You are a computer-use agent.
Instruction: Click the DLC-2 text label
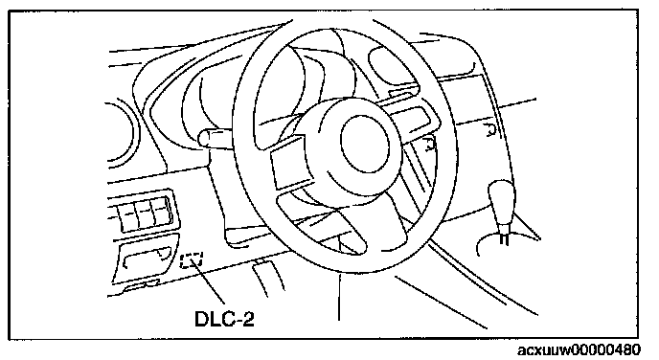[224, 319]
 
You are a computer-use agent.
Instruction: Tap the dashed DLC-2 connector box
[192, 260]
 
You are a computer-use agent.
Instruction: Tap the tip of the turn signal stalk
[204, 139]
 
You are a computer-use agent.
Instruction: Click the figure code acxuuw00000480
[579, 349]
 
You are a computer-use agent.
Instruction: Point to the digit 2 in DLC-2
[248, 319]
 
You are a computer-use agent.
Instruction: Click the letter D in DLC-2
[202, 319]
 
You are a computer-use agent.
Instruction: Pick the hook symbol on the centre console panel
[489, 130]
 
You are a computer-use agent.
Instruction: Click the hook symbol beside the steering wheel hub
[428, 144]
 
